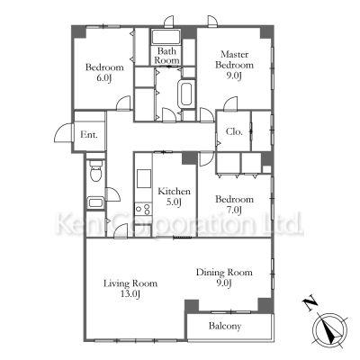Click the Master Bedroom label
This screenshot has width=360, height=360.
[x=234, y=59]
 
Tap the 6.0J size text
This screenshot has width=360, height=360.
[x=104, y=78]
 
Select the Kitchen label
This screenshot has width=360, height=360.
[x=174, y=191]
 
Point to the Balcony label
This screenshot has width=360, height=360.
[x=225, y=326]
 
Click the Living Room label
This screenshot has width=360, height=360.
[x=130, y=283]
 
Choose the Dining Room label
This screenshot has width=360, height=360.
[x=224, y=273]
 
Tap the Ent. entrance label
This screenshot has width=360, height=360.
[x=89, y=135]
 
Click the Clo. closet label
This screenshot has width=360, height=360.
[x=234, y=131]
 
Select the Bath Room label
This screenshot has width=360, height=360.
[x=166, y=56]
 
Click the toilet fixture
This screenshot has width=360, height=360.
[x=96, y=170]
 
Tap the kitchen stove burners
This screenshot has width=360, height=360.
[x=143, y=209]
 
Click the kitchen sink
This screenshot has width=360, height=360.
[x=144, y=179]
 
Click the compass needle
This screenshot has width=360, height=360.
[x=329, y=331]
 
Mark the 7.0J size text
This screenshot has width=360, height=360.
[x=234, y=211]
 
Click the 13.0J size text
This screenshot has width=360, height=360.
[x=130, y=294]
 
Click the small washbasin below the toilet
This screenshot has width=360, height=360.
[x=95, y=202]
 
